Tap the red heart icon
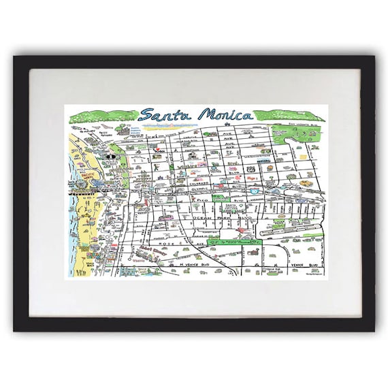158,150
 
